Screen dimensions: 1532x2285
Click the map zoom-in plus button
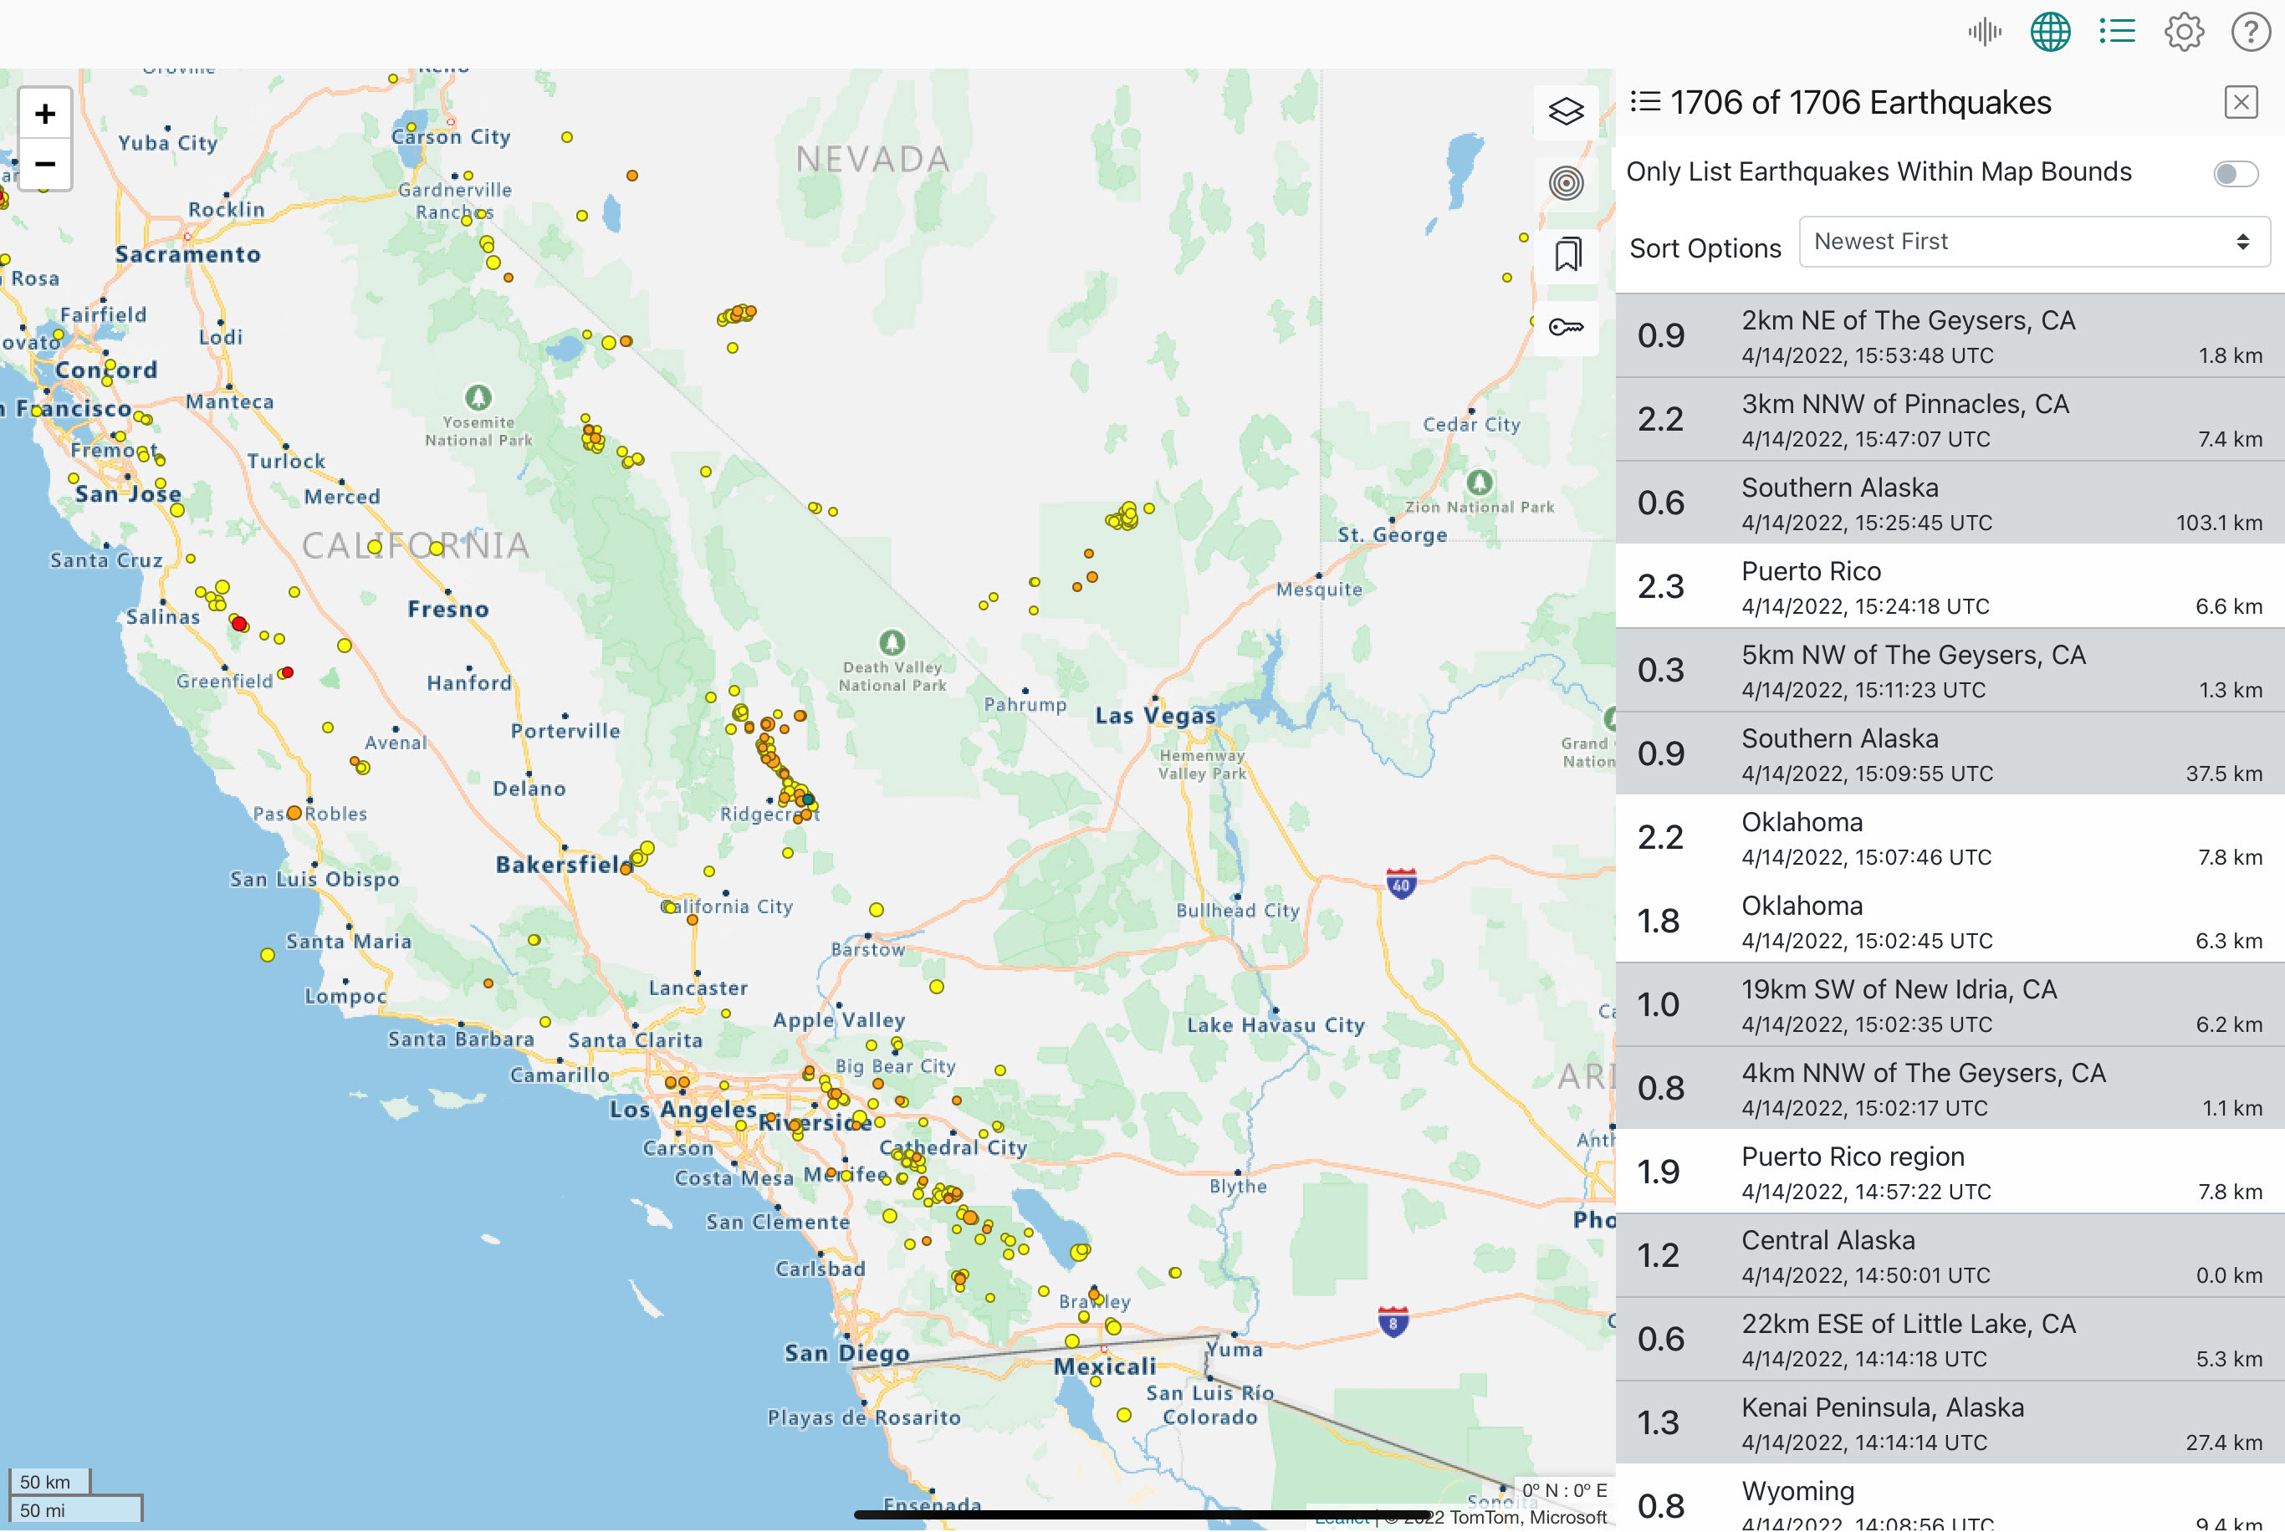coord(45,115)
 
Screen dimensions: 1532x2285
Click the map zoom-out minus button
coord(45,164)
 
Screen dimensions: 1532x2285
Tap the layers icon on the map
coord(1565,111)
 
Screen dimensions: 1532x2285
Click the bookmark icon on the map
coord(1567,254)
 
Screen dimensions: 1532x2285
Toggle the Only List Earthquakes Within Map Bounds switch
coord(2234,174)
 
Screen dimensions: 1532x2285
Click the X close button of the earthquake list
coord(2240,103)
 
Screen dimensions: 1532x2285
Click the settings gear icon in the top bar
coord(2184,33)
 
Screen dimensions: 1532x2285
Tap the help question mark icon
coord(2250,33)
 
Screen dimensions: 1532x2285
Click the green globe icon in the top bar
coord(2050,33)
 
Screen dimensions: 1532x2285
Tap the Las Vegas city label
coord(1156,716)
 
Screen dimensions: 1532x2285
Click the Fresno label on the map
coord(447,610)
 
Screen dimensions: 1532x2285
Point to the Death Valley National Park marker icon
coord(891,642)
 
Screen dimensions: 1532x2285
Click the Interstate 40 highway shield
coord(1401,884)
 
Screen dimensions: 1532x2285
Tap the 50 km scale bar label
coord(46,1482)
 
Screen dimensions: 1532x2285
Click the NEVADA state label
coord(872,159)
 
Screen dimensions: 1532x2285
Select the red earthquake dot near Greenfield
coord(287,672)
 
